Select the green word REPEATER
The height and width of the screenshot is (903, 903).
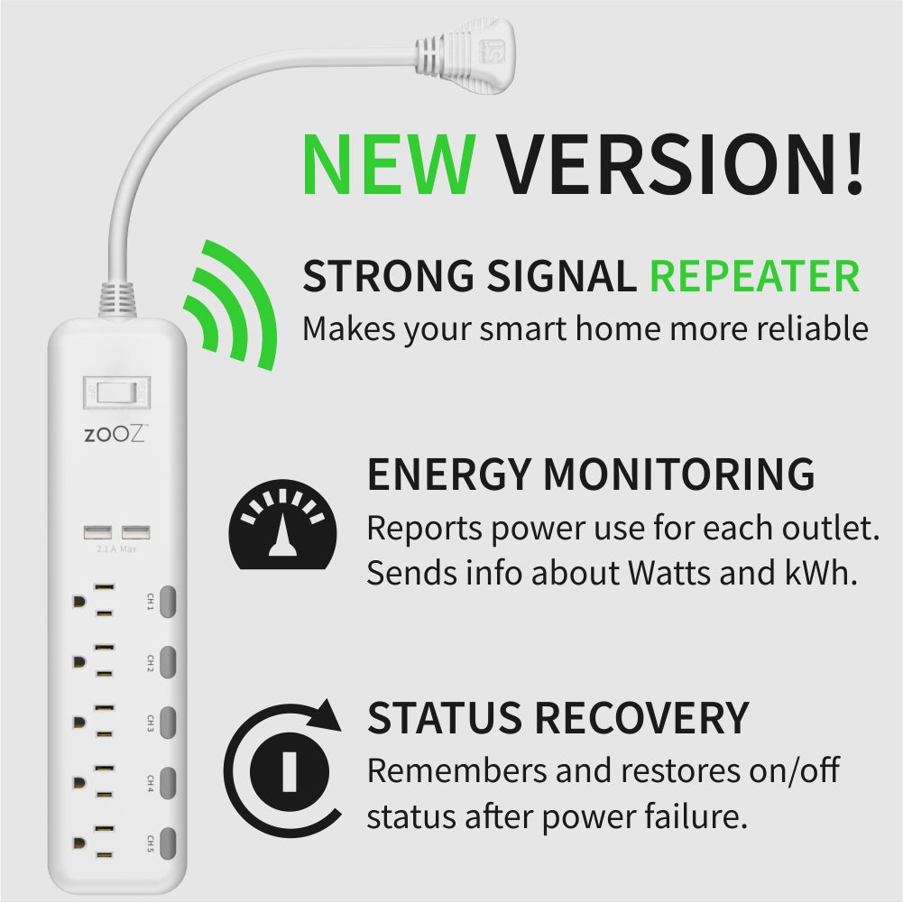(x=754, y=276)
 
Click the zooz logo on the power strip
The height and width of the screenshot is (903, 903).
(x=115, y=434)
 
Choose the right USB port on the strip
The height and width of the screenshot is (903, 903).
(x=135, y=532)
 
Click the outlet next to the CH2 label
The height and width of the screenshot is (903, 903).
(x=95, y=662)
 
